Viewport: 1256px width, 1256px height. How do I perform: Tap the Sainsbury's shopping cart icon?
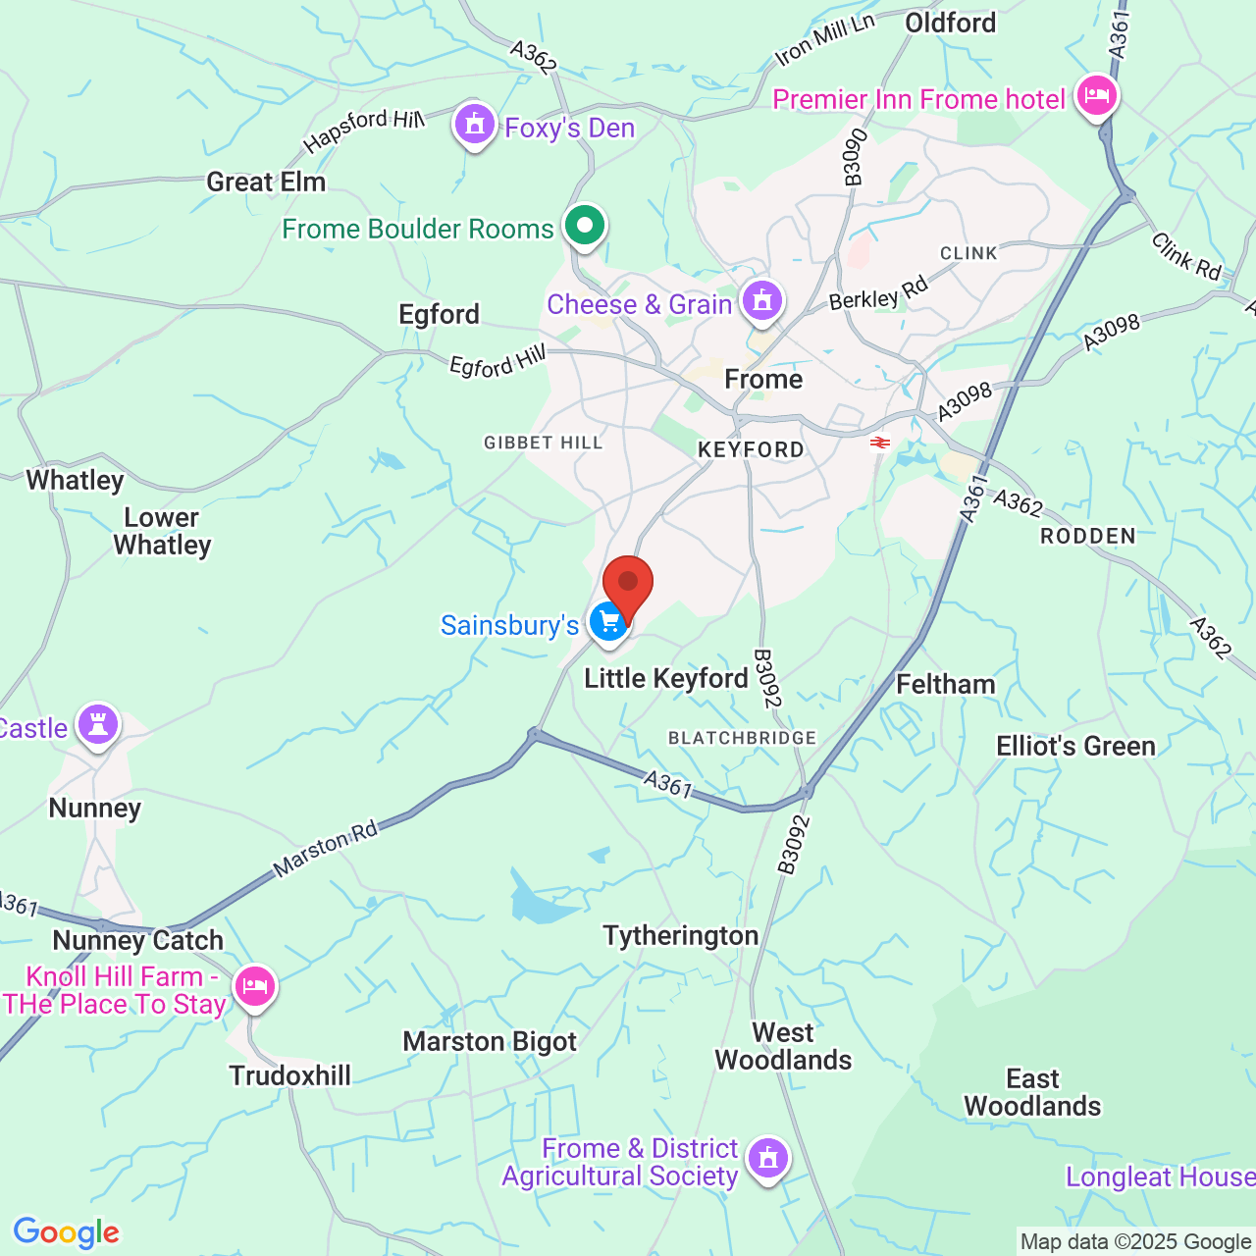click(x=608, y=622)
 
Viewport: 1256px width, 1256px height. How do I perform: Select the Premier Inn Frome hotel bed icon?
click(x=1096, y=96)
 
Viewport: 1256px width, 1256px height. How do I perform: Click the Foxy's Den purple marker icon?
click(x=475, y=125)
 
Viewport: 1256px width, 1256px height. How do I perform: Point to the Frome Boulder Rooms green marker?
click(x=585, y=226)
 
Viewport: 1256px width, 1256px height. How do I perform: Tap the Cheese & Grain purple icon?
click(x=762, y=300)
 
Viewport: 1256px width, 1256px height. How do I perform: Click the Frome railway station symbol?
click(x=879, y=443)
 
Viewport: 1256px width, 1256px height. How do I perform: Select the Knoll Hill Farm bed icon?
click(x=254, y=985)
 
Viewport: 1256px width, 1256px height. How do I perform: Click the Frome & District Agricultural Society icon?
click(x=767, y=1159)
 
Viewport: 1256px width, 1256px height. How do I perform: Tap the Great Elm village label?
click(x=265, y=182)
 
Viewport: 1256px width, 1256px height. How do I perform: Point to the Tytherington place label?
click(x=680, y=936)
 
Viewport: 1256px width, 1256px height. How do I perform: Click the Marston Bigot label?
click(x=490, y=1041)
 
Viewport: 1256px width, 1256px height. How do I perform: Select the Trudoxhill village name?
click(x=289, y=1075)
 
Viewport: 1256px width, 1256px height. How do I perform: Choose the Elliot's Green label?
click(x=1075, y=746)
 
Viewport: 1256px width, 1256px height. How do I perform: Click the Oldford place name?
click(x=950, y=23)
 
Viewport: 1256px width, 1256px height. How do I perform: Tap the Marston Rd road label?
click(x=326, y=849)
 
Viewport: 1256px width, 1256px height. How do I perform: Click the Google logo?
click(x=67, y=1232)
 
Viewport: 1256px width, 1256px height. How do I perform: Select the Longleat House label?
click(x=1160, y=1177)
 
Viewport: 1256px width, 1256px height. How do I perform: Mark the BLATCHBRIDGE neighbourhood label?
click(x=742, y=738)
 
